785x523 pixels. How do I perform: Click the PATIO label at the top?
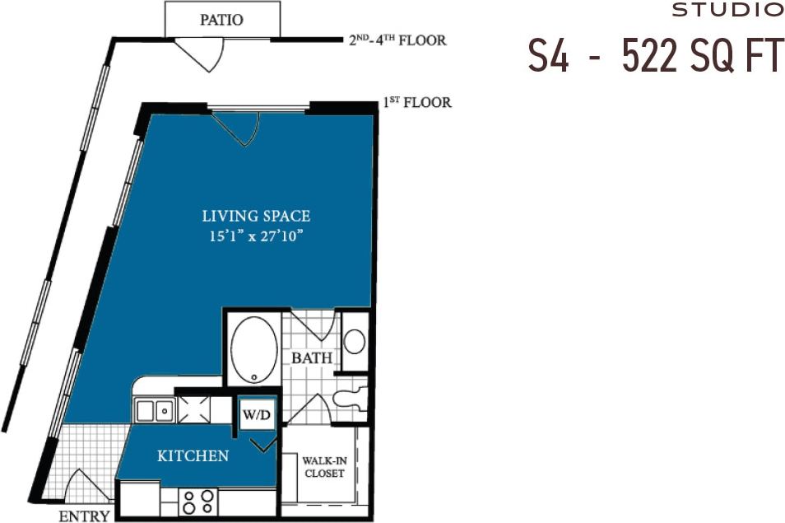click(x=221, y=20)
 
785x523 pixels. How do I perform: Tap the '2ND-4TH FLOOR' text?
click(x=397, y=40)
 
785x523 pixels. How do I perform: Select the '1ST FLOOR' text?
click(x=416, y=103)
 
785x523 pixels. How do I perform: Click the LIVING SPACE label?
click(x=256, y=217)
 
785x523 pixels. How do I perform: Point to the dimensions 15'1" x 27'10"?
click(x=256, y=236)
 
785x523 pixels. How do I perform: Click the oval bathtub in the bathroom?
click(x=253, y=349)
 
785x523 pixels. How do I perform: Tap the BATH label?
click(x=311, y=358)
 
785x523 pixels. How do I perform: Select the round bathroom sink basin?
click(x=354, y=340)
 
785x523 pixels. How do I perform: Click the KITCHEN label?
click(x=193, y=455)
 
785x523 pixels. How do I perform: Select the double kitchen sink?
click(x=154, y=409)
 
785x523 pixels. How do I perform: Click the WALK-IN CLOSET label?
click(x=323, y=467)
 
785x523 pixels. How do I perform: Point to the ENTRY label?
click(x=84, y=516)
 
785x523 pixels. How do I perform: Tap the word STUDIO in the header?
click(x=727, y=11)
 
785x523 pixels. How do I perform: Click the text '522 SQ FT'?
click(x=703, y=57)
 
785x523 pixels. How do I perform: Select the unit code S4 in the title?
click(x=548, y=57)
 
